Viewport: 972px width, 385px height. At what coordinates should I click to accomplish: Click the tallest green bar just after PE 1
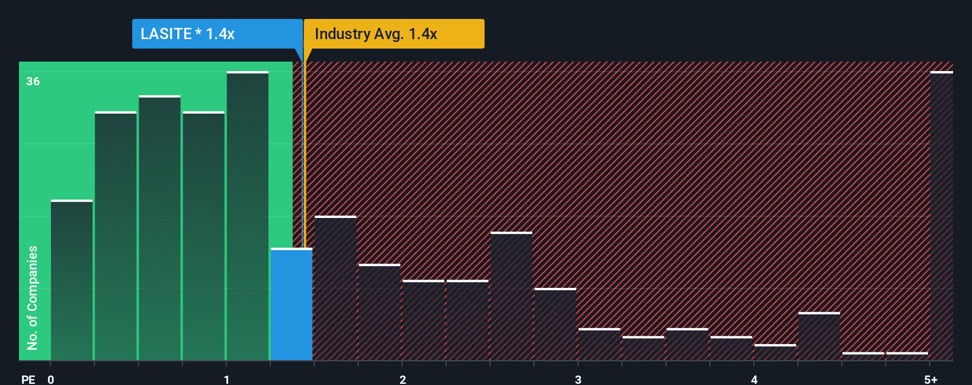(248, 216)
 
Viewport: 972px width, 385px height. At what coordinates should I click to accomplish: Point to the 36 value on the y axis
(33, 81)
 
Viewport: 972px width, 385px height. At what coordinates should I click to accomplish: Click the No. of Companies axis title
(33, 297)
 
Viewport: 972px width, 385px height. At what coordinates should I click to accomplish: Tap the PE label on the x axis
(28, 379)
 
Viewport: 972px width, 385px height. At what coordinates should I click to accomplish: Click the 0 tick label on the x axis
(51, 379)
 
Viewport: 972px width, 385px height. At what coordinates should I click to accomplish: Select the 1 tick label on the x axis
(226, 379)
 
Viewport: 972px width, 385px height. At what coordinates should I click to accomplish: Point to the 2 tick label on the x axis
(402, 379)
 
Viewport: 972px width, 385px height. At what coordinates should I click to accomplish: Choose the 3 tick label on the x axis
(578, 379)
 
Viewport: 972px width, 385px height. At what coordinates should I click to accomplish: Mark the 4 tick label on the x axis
(754, 379)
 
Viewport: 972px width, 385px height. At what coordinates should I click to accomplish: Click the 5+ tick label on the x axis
(931, 379)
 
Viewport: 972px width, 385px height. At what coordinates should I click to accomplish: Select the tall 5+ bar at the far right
(941, 216)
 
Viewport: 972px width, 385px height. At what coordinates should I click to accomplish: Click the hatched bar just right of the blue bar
(335, 288)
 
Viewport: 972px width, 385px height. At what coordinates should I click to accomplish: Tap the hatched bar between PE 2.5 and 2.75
(511, 296)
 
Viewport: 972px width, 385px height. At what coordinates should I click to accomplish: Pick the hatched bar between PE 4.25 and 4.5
(819, 336)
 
